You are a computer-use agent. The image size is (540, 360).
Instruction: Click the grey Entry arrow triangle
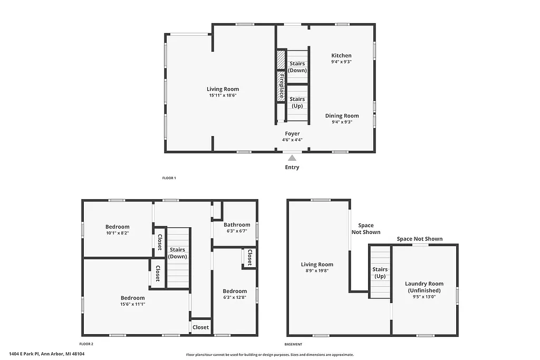coord(292,158)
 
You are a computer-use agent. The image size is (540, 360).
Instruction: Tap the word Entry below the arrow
coord(292,168)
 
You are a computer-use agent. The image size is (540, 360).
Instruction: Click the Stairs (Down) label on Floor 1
coord(297,67)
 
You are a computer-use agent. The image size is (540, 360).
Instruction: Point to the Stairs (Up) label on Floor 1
coord(297,102)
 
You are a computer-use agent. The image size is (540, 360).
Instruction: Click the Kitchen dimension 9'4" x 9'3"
coord(341,62)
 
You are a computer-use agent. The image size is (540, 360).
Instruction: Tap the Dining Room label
coord(342,116)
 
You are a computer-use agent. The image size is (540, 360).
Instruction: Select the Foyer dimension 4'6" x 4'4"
coord(292,140)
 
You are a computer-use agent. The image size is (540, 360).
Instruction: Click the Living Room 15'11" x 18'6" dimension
coord(223,95)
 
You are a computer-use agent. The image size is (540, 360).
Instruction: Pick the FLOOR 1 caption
coord(169,178)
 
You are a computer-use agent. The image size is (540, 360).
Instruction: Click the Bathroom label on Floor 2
coord(236,225)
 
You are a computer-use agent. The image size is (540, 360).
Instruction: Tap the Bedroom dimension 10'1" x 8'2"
coord(117,233)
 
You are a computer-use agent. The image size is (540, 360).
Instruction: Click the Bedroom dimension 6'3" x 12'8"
coord(235,297)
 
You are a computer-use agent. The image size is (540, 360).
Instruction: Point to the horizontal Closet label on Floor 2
coord(200,327)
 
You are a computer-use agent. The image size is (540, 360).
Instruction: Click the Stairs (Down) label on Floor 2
coord(178,253)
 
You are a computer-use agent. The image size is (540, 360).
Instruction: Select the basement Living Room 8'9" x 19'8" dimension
coord(317,271)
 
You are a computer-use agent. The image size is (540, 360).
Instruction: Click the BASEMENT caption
coord(293,344)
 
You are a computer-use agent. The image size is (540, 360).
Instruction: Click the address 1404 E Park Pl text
coord(46,354)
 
